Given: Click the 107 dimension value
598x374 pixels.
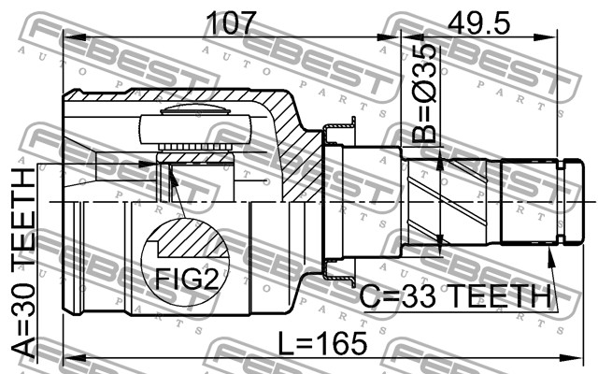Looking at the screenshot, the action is tap(231, 22).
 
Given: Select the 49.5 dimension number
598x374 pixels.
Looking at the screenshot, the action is tap(478, 22).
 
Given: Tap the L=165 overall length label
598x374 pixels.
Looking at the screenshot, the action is tap(322, 343).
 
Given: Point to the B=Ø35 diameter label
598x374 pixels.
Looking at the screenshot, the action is tap(423, 93).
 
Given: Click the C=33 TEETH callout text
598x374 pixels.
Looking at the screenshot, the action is tap(456, 296).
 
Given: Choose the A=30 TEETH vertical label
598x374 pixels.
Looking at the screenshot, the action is tap(22, 264).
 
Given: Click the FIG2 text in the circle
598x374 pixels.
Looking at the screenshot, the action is tap(187, 279).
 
